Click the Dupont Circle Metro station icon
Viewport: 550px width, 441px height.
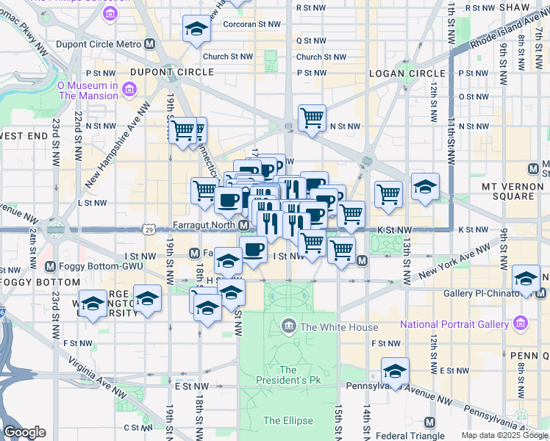pyautogui.click(x=150, y=44)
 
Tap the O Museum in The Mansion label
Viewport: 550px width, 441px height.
pyautogui.click(x=88, y=90)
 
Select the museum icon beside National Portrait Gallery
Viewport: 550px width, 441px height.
pyautogui.click(x=521, y=323)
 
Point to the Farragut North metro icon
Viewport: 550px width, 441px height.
pyautogui.click(x=243, y=225)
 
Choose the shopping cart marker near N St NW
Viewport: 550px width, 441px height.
pyautogui.click(x=312, y=117)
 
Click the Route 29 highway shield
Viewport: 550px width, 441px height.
pyautogui.click(x=149, y=230)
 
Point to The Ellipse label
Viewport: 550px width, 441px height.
pyautogui.click(x=288, y=420)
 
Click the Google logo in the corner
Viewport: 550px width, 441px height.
pyautogui.click(x=24, y=432)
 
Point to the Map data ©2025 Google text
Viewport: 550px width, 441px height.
pyautogui.click(x=504, y=435)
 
